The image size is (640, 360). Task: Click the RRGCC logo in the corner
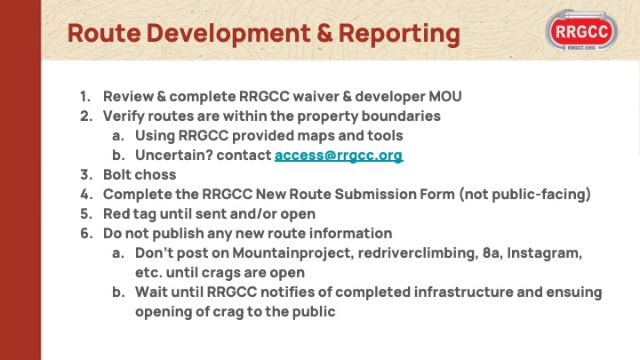tap(581, 30)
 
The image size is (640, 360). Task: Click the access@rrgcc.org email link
tap(339, 156)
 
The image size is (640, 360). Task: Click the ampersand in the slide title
tap(324, 34)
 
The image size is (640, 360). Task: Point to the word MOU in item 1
tap(445, 97)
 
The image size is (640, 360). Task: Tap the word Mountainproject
tap(292, 253)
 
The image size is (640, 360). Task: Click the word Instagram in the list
tap(545, 253)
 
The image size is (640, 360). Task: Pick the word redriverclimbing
tap(418, 253)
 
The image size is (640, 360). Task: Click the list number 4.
tap(86, 195)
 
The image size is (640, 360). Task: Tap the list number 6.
tap(86, 234)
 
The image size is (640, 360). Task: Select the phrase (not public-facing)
tap(525, 195)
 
